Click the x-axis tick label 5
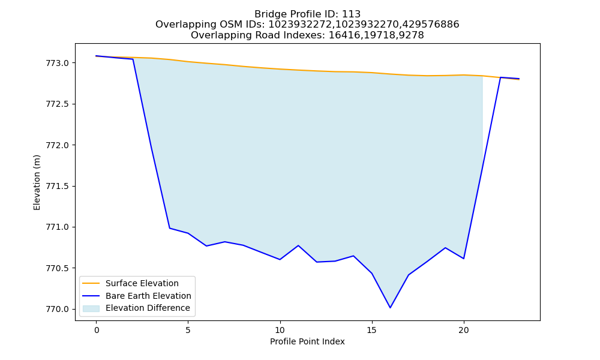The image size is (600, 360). [188, 330]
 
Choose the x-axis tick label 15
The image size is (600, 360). [371, 330]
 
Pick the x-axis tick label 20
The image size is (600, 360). [463, 330]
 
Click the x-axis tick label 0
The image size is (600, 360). [97, 330]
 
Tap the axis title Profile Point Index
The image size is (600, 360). [307, 341]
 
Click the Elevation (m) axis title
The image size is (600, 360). [37, 182]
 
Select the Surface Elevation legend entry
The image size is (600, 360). [130, 283]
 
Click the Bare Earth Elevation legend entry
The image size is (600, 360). [137, 296]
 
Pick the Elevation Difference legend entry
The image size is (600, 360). [136, 308]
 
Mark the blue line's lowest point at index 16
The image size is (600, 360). [390, 308]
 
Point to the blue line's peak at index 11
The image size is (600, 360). [298, 245]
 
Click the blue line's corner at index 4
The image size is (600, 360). [170, 228]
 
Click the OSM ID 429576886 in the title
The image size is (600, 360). [430, 25]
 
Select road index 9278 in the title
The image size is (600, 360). [411, 35]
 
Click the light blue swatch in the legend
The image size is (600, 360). [91, 308]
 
